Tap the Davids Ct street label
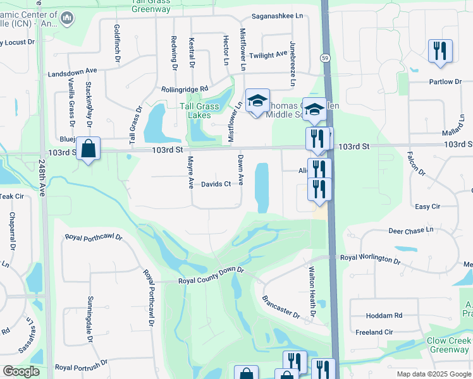point(216,184)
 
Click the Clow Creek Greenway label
point(448,345)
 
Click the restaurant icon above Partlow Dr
point(439,51)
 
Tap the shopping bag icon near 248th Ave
point(89,150)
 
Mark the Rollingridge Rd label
point(185,89)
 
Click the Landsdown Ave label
point(72,74)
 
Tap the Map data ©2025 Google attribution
point(434,374)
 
